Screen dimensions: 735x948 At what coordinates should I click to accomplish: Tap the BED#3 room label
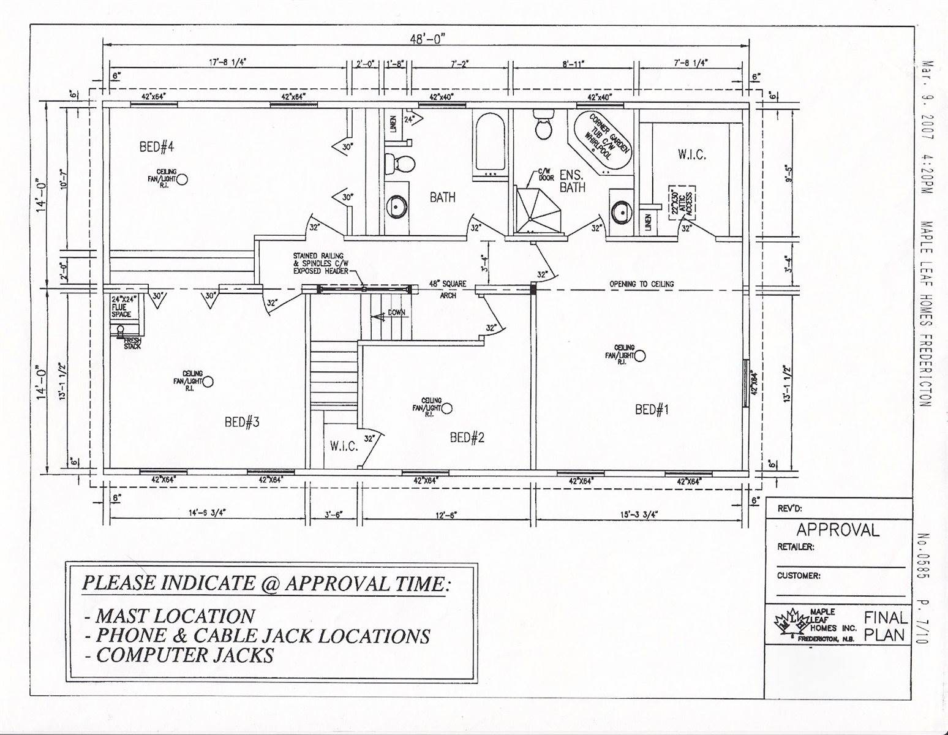pyautogui.click(x=243, y=422)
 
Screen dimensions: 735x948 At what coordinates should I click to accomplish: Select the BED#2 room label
pyautogui.click(x=468, y=437)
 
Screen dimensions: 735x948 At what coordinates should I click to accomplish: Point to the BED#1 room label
pyautogui.click(x=652, y=410)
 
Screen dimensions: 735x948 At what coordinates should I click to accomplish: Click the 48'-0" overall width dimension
pyautogui.click(x=427, y=39)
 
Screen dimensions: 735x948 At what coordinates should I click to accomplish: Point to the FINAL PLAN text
pyautogui.click(x=884, y=626)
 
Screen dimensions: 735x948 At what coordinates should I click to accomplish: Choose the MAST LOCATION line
pyautogui.click(x=169, y=616)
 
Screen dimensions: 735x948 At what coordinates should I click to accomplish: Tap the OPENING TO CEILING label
pyautogui.click(x=641, y=284)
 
